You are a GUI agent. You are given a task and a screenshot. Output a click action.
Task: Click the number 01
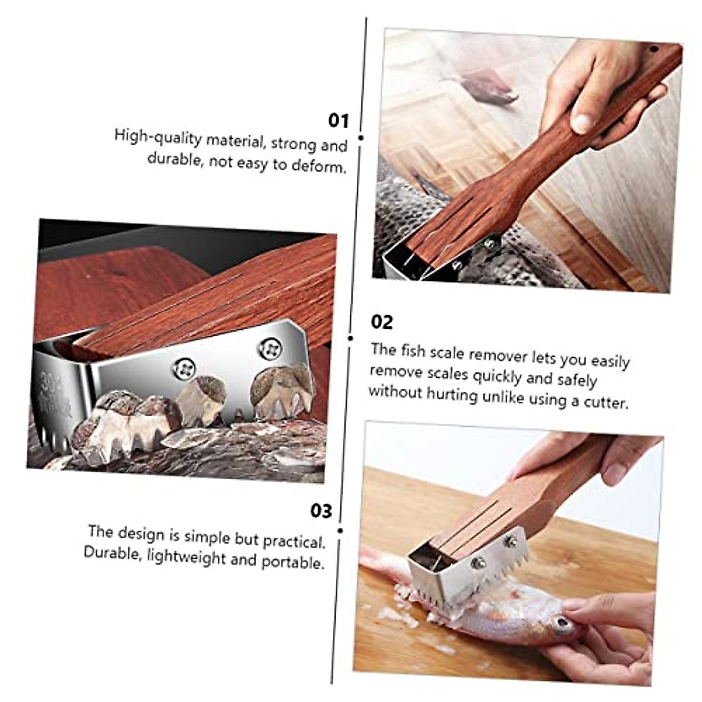(338, 121)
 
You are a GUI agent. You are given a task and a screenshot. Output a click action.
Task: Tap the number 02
(382, 322)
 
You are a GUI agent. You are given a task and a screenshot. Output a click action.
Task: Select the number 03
(321, 511)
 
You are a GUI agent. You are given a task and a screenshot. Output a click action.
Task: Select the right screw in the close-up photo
(270, 349)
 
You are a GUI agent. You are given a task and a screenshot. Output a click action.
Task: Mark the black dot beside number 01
(361, 138)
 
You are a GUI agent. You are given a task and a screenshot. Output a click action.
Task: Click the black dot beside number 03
(340, 531)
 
